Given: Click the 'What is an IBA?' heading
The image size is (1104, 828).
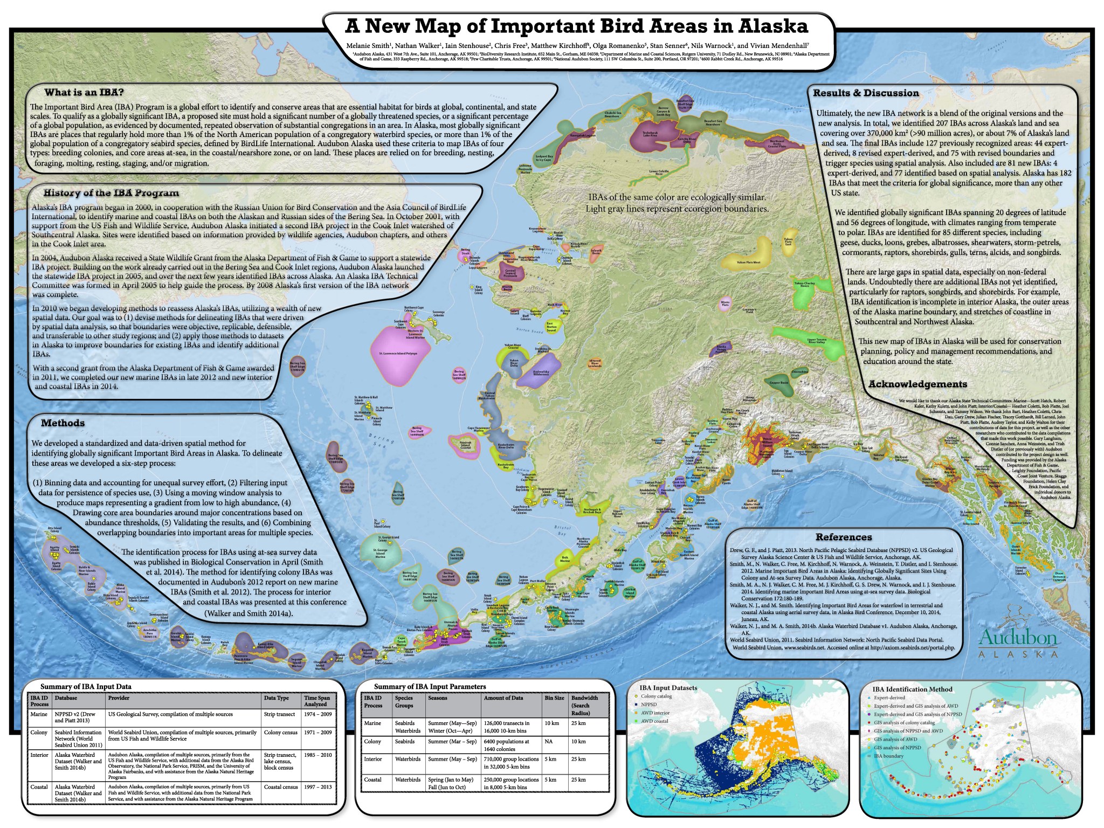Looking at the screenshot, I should click(84, 92).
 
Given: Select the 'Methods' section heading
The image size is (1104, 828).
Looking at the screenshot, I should click(63, 423).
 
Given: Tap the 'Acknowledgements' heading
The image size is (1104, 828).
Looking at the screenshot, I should click(917, 384).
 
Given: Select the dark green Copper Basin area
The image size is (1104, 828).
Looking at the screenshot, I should click(778, 383).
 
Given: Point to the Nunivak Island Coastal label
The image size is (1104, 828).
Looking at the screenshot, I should click(466, 445).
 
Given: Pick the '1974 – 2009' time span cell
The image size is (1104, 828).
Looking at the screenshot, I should click(316, 714).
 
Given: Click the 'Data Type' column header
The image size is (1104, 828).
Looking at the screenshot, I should click(277, 698).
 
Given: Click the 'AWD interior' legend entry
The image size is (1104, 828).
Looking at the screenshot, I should click(655, 713).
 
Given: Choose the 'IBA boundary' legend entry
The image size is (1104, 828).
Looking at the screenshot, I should click(889, 756).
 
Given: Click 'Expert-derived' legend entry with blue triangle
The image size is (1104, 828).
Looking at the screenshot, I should click(889, 698).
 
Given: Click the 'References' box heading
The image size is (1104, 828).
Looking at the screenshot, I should click(843, 537).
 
